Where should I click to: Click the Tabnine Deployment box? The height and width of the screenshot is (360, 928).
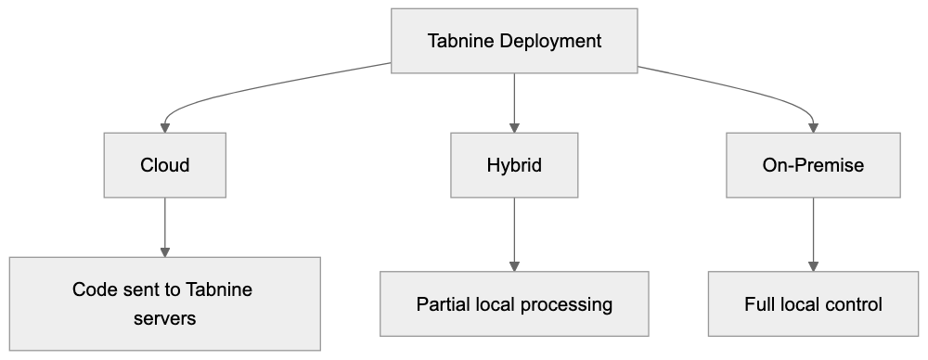514,42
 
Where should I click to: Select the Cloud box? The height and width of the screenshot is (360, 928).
165,165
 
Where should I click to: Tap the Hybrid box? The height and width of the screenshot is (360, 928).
514,165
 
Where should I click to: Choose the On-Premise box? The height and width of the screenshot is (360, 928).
813,165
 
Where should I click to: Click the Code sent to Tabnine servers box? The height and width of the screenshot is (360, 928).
165,303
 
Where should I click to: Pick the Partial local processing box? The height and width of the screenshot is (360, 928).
514,303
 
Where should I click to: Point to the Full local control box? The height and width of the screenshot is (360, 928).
813,303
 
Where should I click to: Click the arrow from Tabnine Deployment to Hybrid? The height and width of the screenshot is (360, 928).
514,102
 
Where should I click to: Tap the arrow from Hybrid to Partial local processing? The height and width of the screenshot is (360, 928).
514,232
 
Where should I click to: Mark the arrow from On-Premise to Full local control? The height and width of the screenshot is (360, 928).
813,232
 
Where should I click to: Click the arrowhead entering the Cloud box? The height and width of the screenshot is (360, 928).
165,127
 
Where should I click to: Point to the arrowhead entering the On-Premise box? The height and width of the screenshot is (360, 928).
813,127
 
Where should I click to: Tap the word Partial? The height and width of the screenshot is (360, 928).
443,303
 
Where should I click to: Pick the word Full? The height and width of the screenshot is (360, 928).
759,303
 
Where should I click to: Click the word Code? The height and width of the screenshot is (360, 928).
93,289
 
